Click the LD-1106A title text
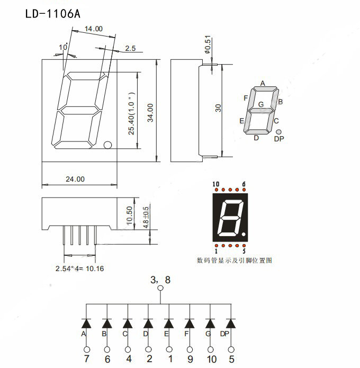[x=53, y=13]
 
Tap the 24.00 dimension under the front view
[x=75, y=179]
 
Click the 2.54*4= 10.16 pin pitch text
[x=79, y=268]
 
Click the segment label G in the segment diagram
[x=260, y=104]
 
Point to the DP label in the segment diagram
[x=279, y=139]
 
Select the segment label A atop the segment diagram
[x=262, y=84]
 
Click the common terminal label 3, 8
[x=160, y=281]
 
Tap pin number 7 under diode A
[x=86, y=360]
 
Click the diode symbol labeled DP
[x=231, y=322]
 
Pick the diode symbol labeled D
[x=148, y=322]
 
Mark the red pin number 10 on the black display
[x=215, y=184]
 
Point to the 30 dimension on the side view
[x=218, y=108]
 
